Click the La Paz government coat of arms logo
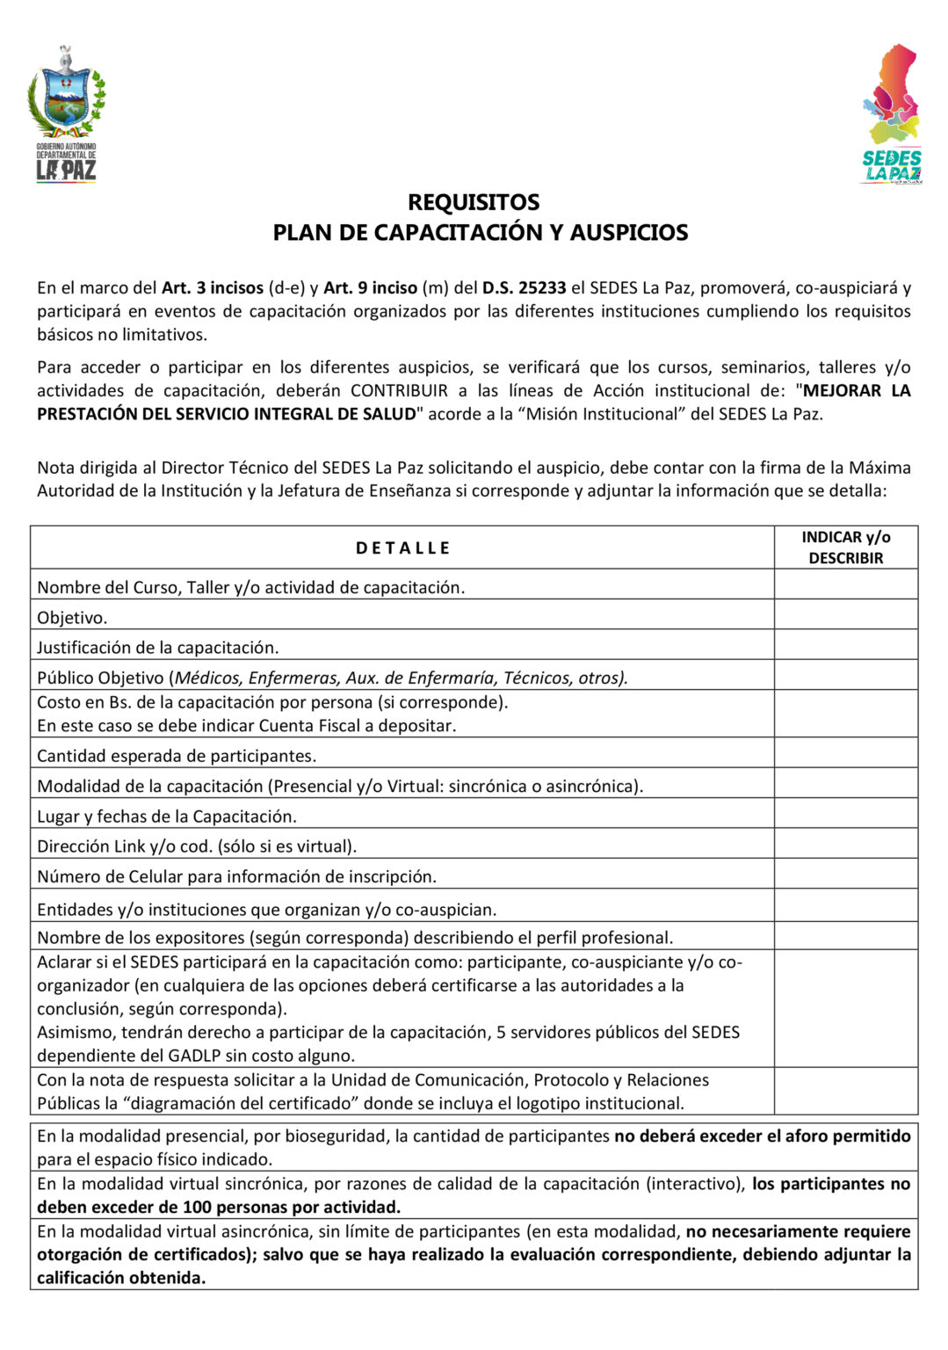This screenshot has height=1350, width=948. [66, 112]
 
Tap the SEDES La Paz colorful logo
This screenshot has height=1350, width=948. [891, 114]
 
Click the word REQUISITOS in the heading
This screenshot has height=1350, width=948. [474, 202]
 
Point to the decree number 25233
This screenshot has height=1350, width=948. [542, 287]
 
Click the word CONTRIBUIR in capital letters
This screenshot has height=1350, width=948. [399, 391]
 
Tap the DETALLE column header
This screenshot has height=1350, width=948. [402, 548]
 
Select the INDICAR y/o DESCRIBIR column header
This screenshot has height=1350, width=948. [845, 548]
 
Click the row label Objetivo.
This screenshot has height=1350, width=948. [72, 618]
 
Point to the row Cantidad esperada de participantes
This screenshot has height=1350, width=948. [177, 756]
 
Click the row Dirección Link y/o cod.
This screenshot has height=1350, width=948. [197, 846]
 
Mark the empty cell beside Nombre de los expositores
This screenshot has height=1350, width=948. [845, 936]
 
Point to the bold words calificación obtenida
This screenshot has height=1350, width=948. [121, 1278]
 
